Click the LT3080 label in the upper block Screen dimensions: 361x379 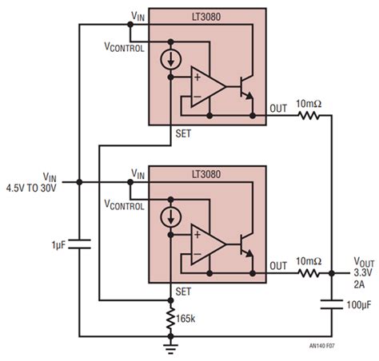point(207,15)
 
